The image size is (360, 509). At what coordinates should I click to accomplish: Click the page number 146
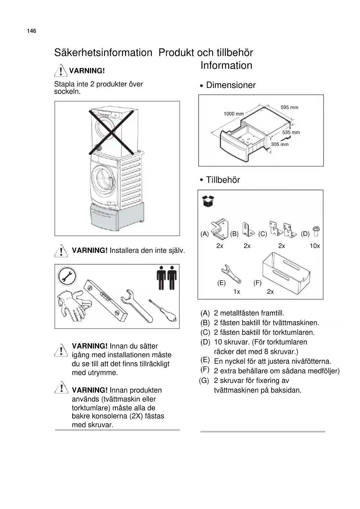point(32,31)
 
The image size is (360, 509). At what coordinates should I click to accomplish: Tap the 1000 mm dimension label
point(234,114)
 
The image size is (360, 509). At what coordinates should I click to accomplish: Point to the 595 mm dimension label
point(289,107)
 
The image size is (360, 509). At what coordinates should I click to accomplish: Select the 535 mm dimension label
point(291,132)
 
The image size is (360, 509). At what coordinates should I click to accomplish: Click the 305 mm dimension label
point(280,144)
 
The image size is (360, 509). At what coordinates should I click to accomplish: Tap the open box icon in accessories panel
point(208,201)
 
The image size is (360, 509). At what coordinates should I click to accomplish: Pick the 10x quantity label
point(314,246)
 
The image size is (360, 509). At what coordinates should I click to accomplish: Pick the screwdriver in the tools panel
point(164,311)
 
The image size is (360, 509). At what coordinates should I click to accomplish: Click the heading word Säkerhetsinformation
point(103,53)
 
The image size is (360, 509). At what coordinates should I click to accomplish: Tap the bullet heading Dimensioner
point(231,85)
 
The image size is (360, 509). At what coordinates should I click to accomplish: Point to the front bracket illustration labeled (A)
point(220,229)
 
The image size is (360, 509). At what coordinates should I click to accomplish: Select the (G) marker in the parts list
point(204,380)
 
